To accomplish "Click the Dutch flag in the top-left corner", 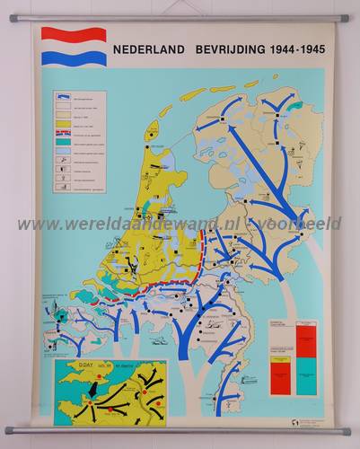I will point(74,47).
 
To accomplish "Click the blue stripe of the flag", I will point(74,58).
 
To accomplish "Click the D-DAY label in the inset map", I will point(80,365).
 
